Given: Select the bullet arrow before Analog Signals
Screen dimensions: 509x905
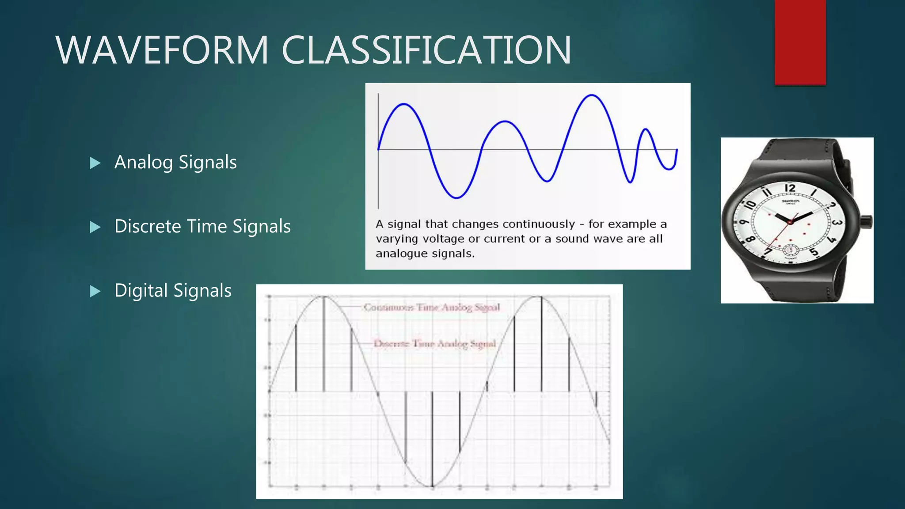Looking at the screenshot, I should tap(95, 163).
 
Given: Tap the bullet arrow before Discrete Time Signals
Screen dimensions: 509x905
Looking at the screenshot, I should tap(95, 227).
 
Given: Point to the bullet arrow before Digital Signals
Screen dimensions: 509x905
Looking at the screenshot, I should tap(95, 291).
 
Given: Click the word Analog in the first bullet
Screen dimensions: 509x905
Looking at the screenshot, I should tap(143, 163).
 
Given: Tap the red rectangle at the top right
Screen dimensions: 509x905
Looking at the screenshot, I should tap(800, 42).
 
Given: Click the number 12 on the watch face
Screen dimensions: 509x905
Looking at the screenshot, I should tap(790, 188).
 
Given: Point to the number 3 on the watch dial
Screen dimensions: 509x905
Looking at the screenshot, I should tap(837, 222).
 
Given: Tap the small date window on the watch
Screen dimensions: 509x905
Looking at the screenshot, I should tap(791, 251).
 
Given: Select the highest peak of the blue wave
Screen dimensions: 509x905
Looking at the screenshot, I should tap(591, 95).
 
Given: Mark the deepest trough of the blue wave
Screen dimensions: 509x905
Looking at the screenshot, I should tap(456, 197).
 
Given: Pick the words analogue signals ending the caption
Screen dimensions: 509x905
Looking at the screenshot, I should tap(425, 254).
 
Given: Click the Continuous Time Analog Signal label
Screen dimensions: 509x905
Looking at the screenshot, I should tap(432, 307).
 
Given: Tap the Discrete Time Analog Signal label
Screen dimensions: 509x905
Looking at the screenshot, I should tap(435, 343).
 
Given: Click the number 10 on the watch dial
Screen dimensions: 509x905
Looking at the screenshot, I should tap(750, 205).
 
